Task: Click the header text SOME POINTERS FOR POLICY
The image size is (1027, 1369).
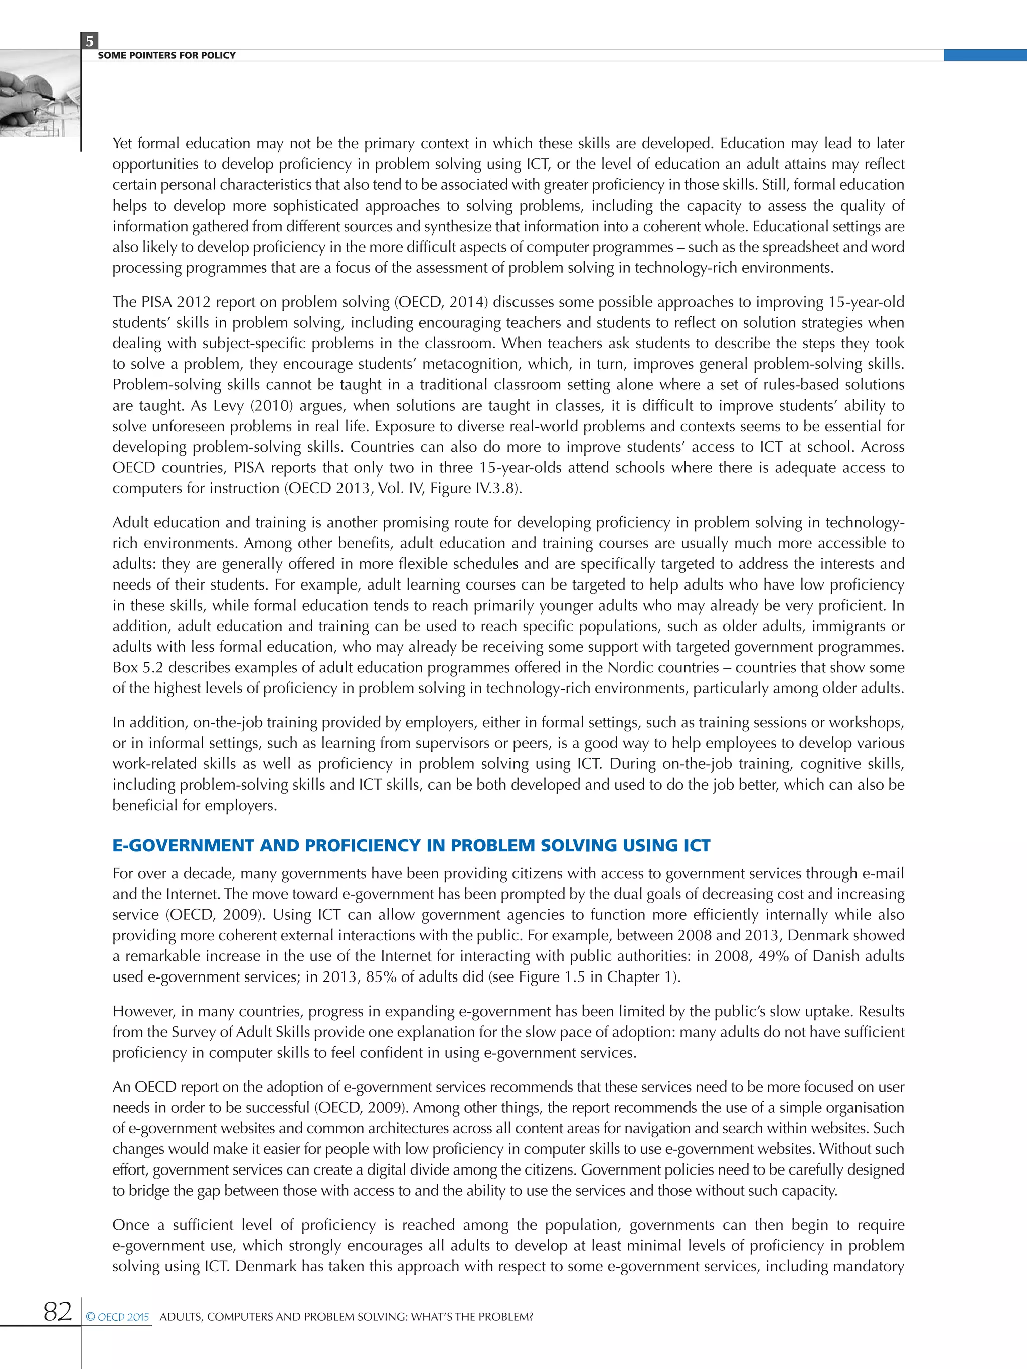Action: coord(166,55)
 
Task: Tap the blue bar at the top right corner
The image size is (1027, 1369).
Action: coord(984,55)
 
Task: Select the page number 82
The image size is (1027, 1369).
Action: coord(58,1311)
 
